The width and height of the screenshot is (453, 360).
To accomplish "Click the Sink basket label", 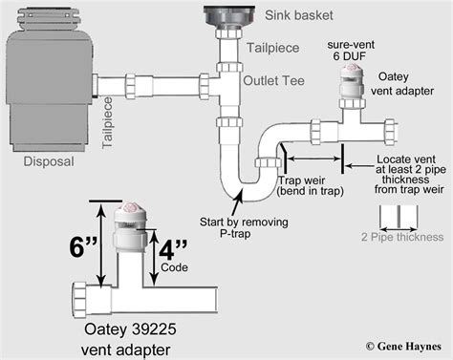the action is coord(299,15).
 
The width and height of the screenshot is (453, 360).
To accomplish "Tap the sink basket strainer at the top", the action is coord(229,18).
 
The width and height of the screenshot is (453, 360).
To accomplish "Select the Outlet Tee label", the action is coord(273,80).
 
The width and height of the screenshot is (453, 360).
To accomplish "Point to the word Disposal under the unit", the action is coord(49,161).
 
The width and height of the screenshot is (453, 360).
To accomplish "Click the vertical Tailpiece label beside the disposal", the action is coord(108,122).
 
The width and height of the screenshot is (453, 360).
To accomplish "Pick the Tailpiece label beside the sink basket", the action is coord(273,48).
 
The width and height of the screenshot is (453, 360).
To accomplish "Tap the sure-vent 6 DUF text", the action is coord(351,51).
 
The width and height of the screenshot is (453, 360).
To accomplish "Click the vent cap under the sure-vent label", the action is coord(352,81).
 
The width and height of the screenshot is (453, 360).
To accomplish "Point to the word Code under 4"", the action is coord(174,267).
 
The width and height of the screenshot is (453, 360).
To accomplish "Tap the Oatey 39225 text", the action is coord(130,329).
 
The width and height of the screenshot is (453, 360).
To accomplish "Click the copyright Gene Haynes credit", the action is coord(403,347).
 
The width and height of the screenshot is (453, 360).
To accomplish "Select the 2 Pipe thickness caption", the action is coord(402,237).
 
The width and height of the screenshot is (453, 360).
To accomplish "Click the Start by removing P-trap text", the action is coord(244,227).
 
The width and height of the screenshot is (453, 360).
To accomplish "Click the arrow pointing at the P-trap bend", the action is coord(237,201).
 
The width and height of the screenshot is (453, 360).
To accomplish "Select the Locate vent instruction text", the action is coord(410,174).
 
